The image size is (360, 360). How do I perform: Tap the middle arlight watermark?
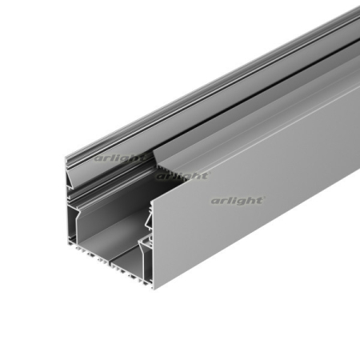[182, 175]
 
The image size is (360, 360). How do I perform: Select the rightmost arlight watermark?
[237, 200]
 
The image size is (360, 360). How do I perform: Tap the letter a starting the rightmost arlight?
[214, 201]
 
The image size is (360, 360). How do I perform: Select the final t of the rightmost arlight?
[260, 199]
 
